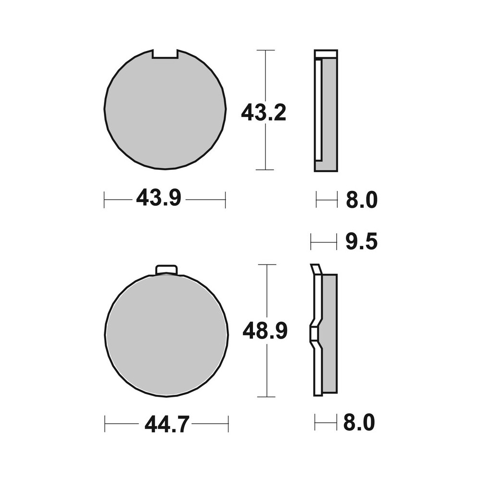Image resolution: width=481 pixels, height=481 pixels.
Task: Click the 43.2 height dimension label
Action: (x=263, y=113)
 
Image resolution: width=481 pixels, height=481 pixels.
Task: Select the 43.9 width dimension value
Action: (x=158, y=198)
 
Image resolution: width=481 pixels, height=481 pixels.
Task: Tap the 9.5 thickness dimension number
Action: (x=361, y=242)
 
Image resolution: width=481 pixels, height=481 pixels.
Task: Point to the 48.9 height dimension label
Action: (x=265, y=331)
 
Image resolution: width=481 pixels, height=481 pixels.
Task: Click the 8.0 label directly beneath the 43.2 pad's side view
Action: (x=361, y=200)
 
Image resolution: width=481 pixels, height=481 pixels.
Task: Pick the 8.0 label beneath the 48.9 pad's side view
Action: (x=359, y=423)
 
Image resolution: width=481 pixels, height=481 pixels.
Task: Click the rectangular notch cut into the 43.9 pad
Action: (x=165, y=54)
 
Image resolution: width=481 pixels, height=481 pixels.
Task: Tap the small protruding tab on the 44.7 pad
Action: (x=167, y=270)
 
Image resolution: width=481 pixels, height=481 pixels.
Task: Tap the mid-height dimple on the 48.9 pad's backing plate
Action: (x=312, y=332)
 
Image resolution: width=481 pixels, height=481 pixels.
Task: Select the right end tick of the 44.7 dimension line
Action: (x=228, y=424)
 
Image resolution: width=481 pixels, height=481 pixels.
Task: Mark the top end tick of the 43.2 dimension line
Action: (x=266, y=50)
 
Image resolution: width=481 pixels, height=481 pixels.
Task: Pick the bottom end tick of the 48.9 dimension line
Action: (x=266, y=397)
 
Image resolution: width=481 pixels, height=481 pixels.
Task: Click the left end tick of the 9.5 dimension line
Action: (x=311, y=242)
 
